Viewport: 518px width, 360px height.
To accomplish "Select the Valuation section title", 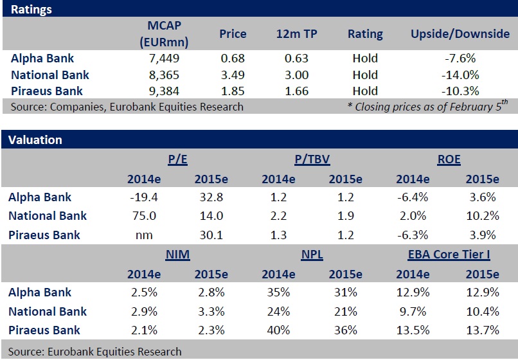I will [x=36, y=139].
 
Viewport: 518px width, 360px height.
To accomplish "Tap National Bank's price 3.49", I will [x=232, y=75].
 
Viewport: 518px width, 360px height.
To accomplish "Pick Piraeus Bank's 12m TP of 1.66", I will [x=296, y=91].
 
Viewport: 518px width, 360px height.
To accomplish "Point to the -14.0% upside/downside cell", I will [x=460, y=75].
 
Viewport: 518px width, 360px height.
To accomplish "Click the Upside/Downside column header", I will [x=460, y=33].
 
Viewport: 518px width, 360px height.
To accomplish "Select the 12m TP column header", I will [x=296, y=33].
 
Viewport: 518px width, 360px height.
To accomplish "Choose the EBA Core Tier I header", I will [x=449, y=255].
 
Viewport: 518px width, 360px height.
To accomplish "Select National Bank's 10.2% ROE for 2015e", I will [x=481, y=216].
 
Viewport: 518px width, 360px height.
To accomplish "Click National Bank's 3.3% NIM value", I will [x=211, y=311].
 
